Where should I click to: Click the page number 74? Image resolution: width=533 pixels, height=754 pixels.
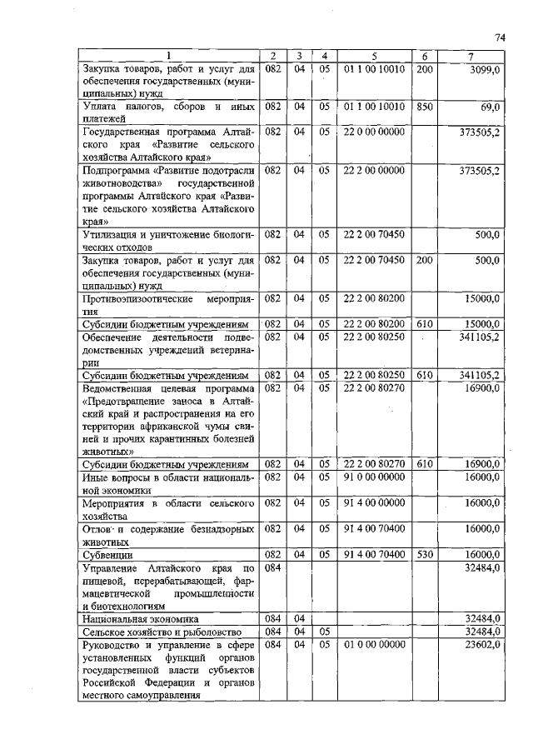pos(501,37)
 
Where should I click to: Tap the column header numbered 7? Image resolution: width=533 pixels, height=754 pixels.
pos(471,56)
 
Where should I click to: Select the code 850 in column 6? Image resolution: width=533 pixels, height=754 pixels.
pos(424,107)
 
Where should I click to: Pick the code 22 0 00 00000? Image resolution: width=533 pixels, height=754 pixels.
pos(373,132)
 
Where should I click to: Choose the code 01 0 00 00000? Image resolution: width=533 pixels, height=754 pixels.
pos(373,643)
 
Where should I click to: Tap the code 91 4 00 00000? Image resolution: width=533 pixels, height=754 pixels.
pos(373,503)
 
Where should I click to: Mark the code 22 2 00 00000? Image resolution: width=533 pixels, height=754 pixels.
pos(373,170)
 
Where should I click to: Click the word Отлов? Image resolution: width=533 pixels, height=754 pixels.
pos(97,528)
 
